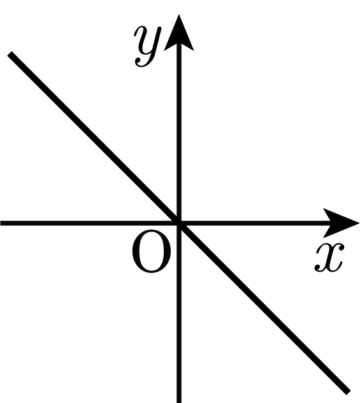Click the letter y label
tap(147, 47)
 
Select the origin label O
tap(151, 251)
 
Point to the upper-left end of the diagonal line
tap(10, 54)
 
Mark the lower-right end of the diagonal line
tap(349, 392)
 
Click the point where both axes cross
tap(179, 223)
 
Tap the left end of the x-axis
tap(1, 223)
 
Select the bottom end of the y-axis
tap(179, 402)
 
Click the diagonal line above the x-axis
tap(94, 138)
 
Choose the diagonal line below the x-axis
tap(264, 307)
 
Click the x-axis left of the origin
tap(89, 223)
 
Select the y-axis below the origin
tap(179, 313)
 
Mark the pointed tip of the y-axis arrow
tap(178, 15)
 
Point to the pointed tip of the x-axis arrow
tap(359, 223)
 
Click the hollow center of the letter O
tap(151, 251)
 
